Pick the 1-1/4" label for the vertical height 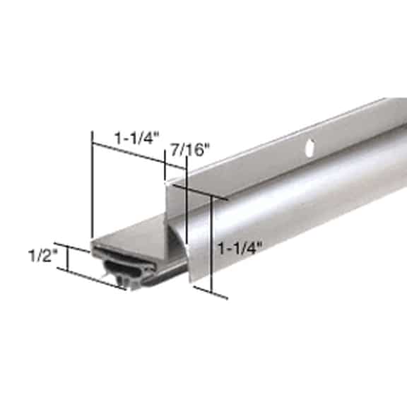240,248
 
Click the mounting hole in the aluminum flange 309,148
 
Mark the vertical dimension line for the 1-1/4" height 212,240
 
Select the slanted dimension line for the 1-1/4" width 127,153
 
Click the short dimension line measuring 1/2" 68,259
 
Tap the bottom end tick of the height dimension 212,292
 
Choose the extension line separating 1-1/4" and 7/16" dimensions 165,170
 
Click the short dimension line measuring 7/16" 175,167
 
